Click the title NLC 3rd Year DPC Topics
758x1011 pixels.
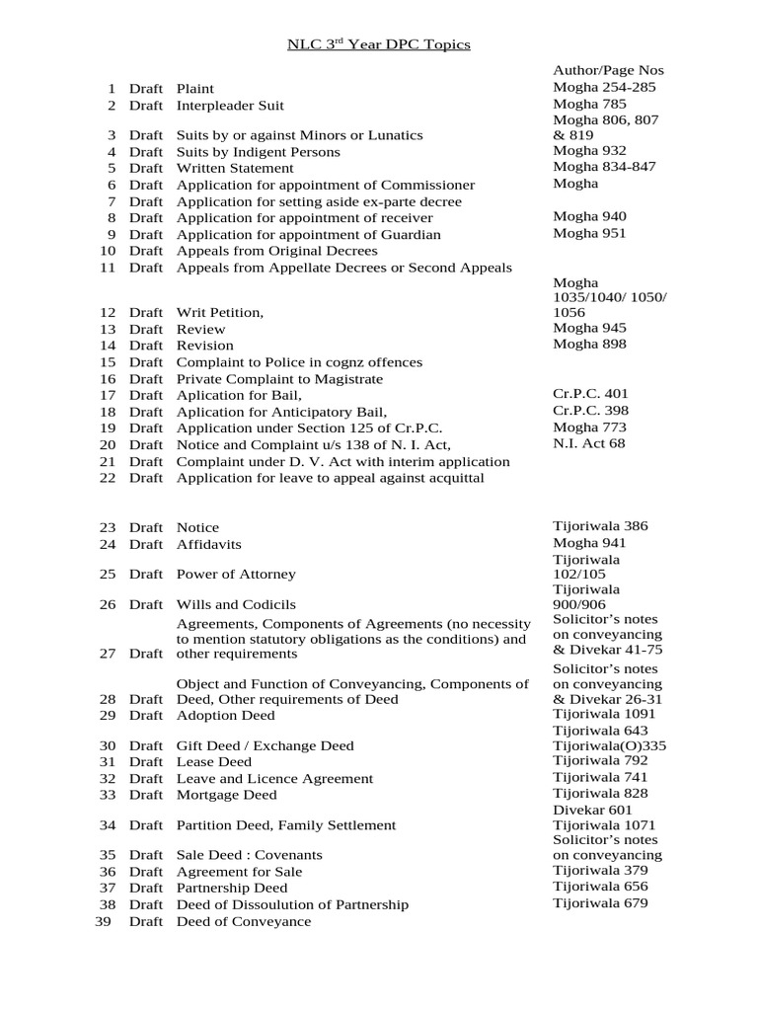[x=379, y=44]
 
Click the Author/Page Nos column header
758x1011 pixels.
[x=608, y=70]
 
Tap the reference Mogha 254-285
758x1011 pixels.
[x=604, y=87]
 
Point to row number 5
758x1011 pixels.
[x=112, y=168]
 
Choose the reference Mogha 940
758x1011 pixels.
[x=589, y=216]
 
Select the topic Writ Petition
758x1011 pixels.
[x=220, y=312]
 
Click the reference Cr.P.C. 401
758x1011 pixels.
[x=590, y=393]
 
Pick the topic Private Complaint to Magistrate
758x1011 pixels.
[x=279, y=379]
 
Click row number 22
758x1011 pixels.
[x=109, y=478]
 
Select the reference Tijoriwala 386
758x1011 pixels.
[x=600, y=526]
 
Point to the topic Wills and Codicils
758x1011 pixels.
[x=236, y=604]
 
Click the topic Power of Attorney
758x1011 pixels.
[x=236, y=574]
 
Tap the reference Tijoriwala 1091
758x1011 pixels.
[x=604, y=713]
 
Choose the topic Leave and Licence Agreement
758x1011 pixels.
[x=274, y=778]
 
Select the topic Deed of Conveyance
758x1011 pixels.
[x=243, y=921]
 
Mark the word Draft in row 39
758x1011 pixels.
[x=146, y=921]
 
